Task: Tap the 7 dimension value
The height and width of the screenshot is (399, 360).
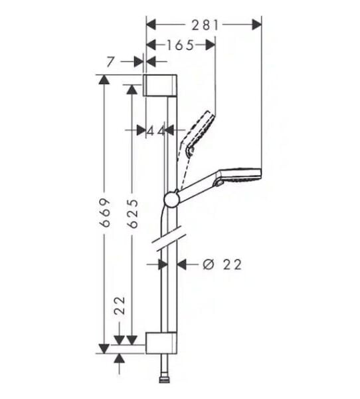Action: tap(110, 62)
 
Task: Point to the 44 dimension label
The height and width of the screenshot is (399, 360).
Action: tap(155, 130)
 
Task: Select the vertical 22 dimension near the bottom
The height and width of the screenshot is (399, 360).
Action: tap(120, 306)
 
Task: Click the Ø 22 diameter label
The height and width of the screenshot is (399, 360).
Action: tap(221, 265)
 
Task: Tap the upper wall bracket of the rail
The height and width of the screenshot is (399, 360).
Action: tap(161, 86)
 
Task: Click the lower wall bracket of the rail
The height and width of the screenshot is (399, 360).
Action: tap(161, 341)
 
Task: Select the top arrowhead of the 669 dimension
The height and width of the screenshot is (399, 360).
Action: tap(104, 80)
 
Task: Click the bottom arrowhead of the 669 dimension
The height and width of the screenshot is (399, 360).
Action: tap(104, 348)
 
